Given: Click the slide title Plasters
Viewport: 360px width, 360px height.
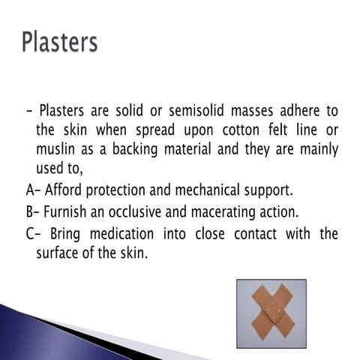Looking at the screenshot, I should [x=60, y=40].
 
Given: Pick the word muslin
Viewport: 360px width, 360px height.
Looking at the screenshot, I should [x=56, y=149].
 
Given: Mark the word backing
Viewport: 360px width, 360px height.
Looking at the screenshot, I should [x=134, y=149].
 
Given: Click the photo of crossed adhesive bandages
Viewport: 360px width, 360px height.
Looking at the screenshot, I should [x=271, y=313].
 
